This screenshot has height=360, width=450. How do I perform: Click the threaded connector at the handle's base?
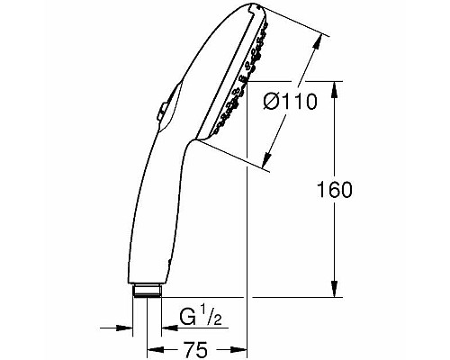pyautogui.click(x=146, y=290)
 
